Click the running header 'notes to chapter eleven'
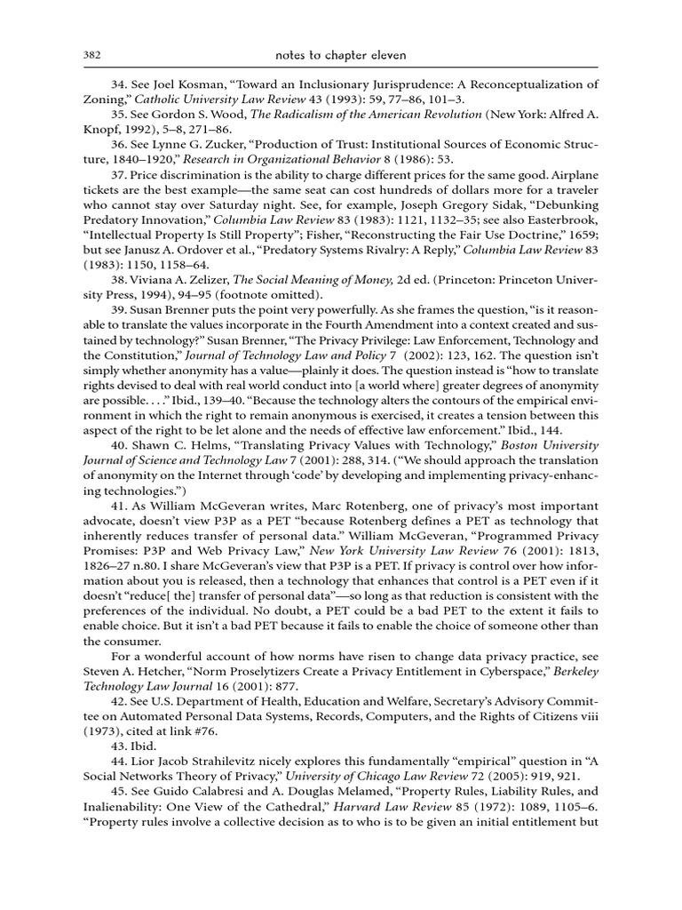pos(340,55)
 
